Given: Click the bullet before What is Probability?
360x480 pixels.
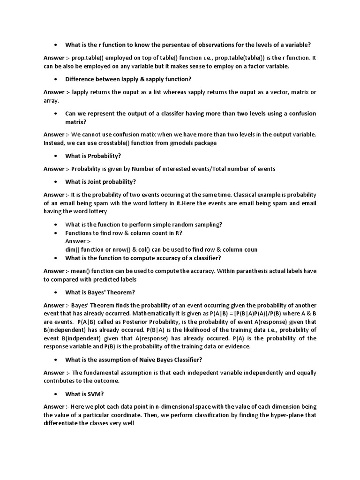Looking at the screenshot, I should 56,156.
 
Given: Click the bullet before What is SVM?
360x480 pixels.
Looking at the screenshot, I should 56,394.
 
